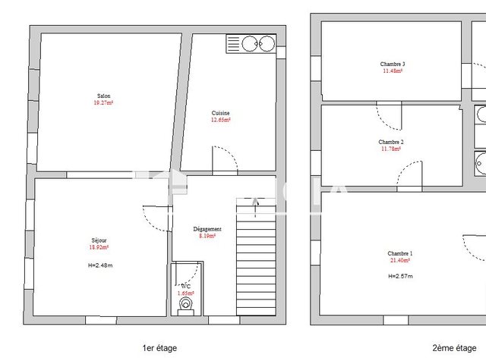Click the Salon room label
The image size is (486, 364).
click(x=103, y=96)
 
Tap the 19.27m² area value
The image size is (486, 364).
click(x=103, y=102)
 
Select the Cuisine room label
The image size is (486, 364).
click(x=220, y=113)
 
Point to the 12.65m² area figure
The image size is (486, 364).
click(x=220, y=119)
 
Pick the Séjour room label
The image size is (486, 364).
click(x=99, y=240)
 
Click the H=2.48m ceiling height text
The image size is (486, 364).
click(x=100, y=265)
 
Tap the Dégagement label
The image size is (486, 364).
click(x=207, y=229)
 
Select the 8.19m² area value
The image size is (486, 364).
click(x=207, y=236)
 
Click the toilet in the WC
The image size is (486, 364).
click(x=186, y=306)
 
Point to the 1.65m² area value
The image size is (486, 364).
click(x=185, y=293)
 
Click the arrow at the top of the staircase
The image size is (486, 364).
click(x=255, y=201)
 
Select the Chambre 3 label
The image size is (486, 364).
click(x=393, y=64)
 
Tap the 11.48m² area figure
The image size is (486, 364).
click(x=393, y=70)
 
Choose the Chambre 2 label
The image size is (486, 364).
click(x=390, y=142)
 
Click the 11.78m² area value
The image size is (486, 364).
click(x=390, y=149)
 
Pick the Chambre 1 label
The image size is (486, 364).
click(x=400, y=253)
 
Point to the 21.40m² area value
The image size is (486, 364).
click(x=400, y=260)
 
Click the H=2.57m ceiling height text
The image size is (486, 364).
click(x=400, y=276)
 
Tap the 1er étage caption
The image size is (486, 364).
click(x=159, y=347)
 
